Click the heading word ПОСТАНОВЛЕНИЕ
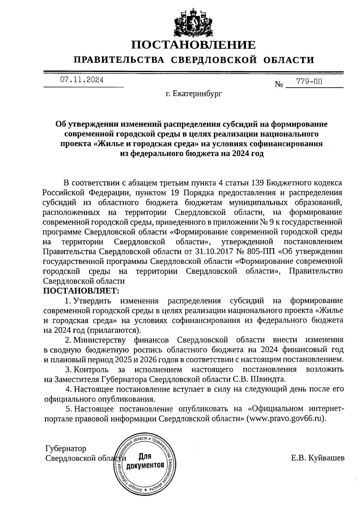point(193,45)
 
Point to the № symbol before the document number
point(279,85)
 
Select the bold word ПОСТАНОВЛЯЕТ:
point(81,291)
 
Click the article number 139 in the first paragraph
point(257,183)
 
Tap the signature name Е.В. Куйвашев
point(318,458)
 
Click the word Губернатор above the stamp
point(66,448)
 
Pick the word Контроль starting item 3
point(91,369)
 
